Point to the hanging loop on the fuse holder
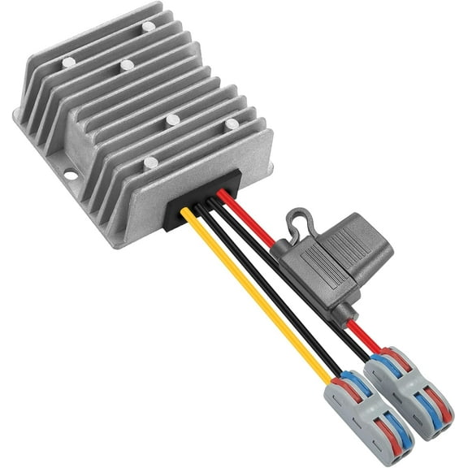tap(297, 219)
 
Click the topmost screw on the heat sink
tap(148, 27)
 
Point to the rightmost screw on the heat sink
tap(232, 124)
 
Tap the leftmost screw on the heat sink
tap(68, 63)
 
